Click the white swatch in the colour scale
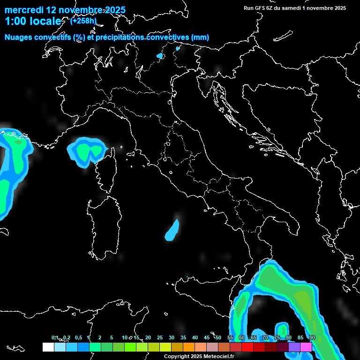click(x=48, y=347)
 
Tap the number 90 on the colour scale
click(x=312, y=338)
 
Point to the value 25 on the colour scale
click(x=159, y=338)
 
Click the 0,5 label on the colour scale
click(x=78, y=338)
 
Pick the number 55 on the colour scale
click(x=230, y=338)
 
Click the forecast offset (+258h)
click(x=82, y=21)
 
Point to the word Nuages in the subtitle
click(x=19, y=37)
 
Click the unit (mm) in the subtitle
click(x=200, y=37)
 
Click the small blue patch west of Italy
click(x=172, y=230)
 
